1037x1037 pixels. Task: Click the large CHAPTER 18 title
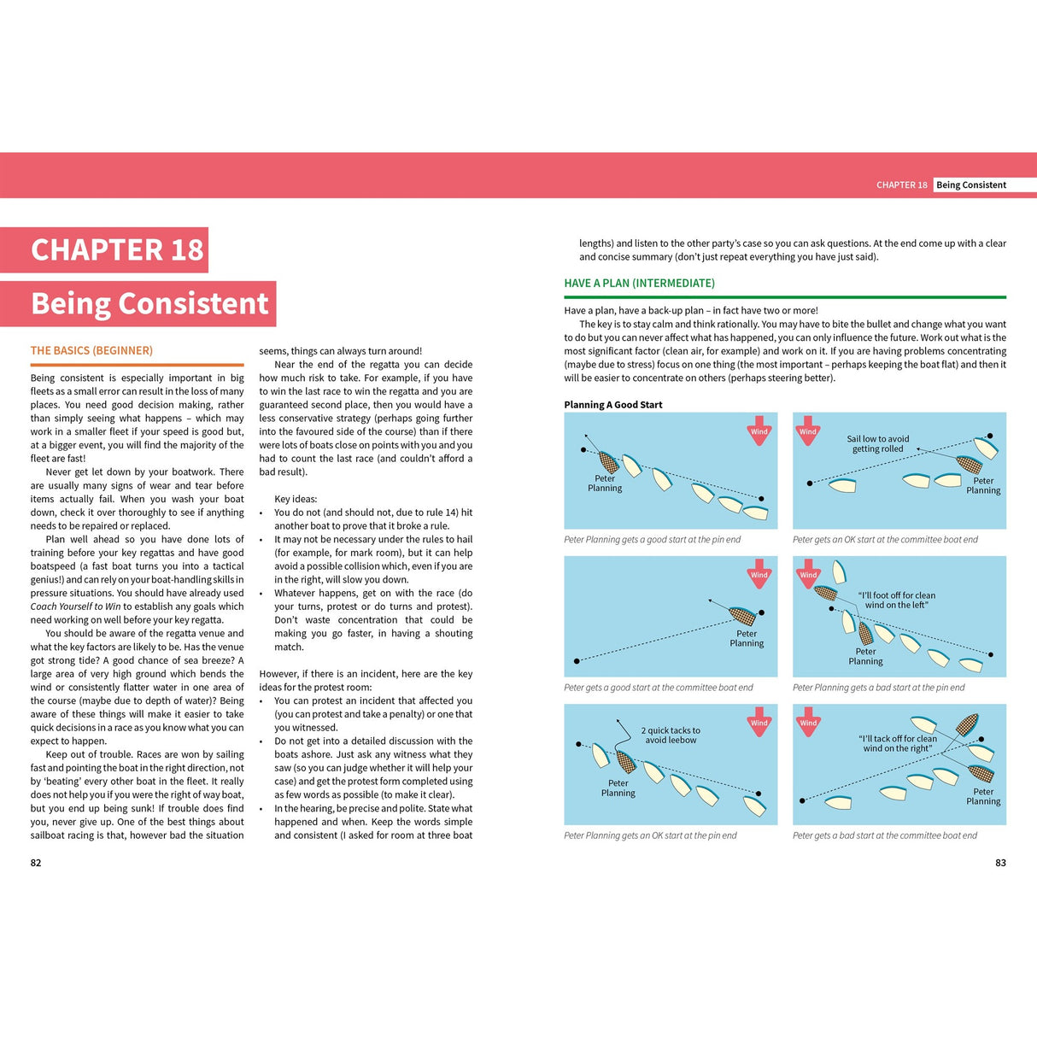[x=117, y=249]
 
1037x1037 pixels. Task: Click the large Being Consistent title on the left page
[x=149, y=303]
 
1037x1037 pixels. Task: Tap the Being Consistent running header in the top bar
[x=970, y=185]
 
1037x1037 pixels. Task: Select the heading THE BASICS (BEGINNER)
[x=91, y=350]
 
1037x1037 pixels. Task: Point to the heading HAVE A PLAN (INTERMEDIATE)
[x=639, y=283]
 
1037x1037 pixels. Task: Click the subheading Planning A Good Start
[x=612, y=405]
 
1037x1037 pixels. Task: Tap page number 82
[x=36, y=863]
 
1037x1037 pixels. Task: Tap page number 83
[x=1000, y=863]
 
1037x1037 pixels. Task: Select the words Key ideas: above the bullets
[x=296, y=499]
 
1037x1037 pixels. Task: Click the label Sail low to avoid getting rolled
[x=877, y=443]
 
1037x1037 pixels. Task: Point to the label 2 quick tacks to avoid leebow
[x=671, y=735]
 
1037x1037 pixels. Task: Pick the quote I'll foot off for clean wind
[x=896, y=600]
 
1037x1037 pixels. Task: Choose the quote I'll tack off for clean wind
[x=897, y=743]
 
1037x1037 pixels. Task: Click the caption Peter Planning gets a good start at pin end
[x=652, y=540]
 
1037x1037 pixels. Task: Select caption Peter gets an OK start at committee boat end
[x=885, y=540]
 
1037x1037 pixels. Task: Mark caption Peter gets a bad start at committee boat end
[x=884, y=835]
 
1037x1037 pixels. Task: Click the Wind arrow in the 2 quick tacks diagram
[x=759, y=720]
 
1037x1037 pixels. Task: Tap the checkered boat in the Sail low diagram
[x=970, y=464]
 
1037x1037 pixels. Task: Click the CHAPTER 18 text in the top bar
[x=901, y=185]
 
